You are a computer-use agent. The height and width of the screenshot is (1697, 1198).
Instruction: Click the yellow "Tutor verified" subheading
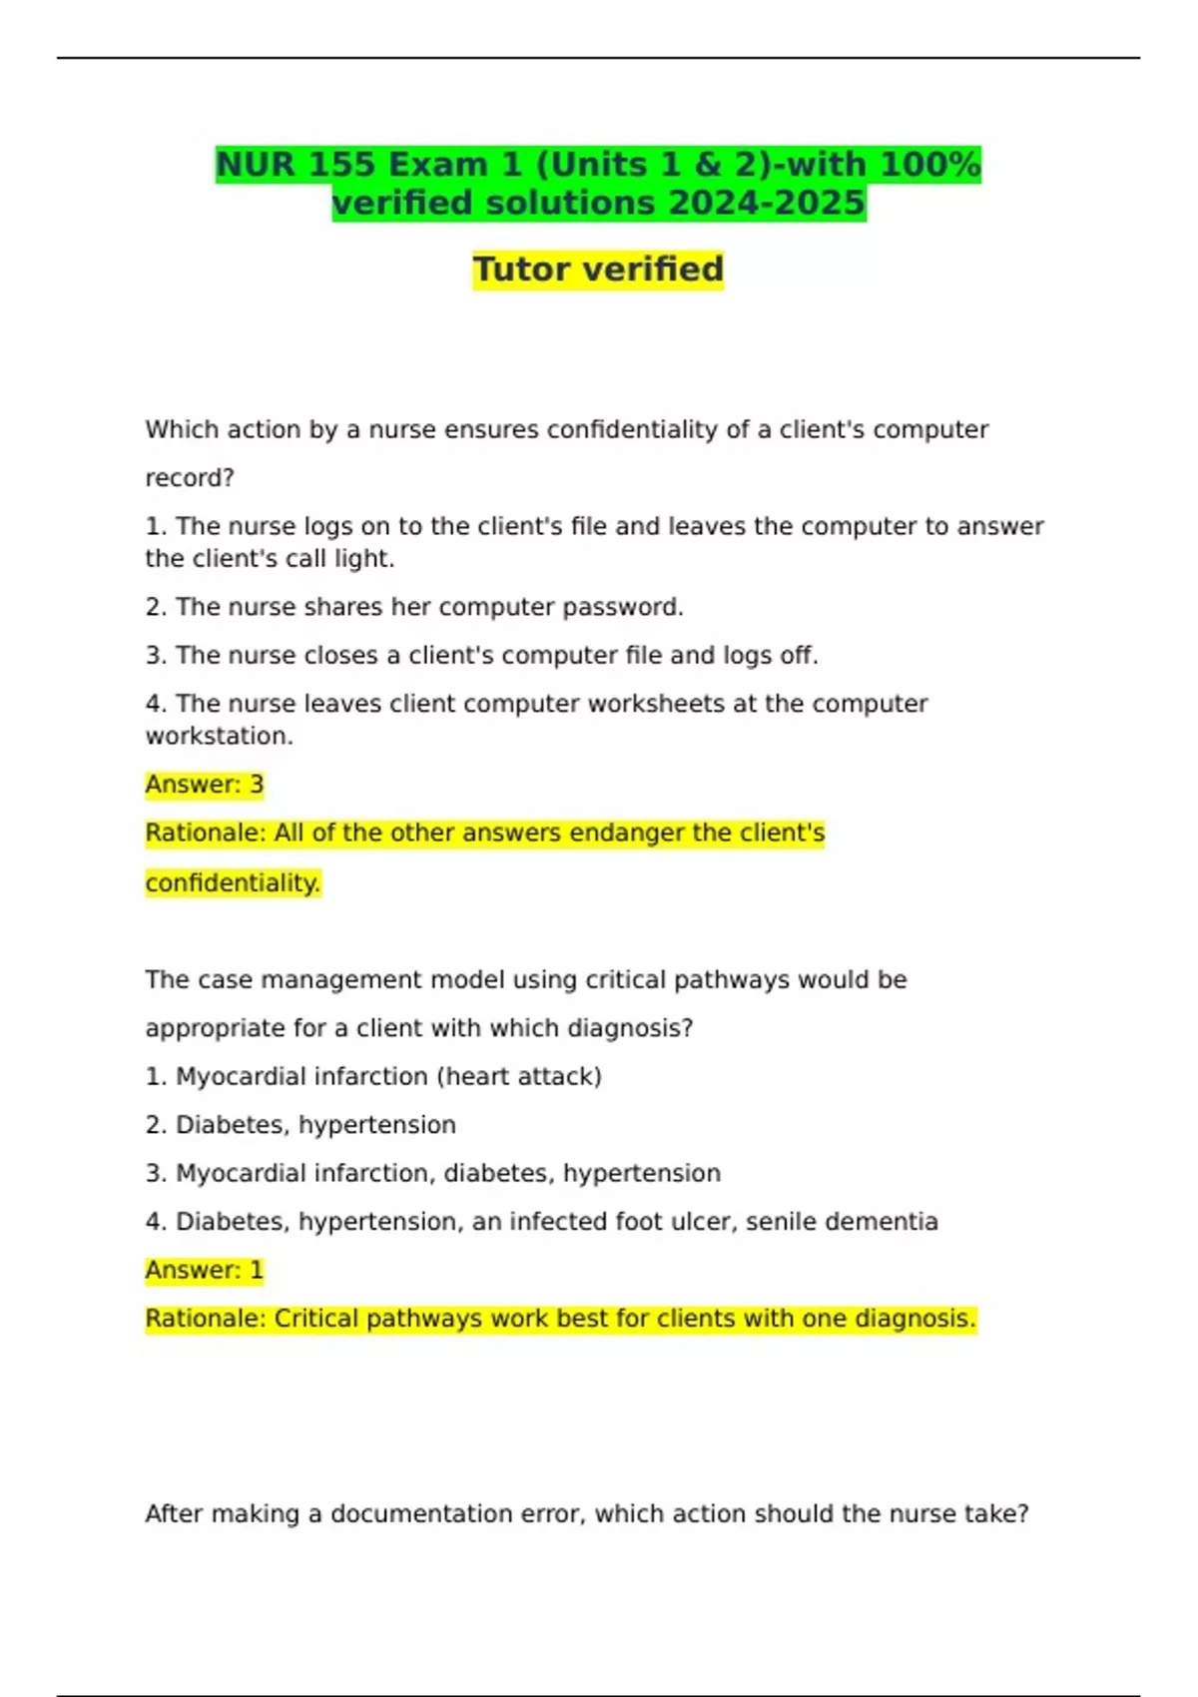pos(598,270)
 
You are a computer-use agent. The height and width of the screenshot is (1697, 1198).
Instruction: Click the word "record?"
pos(190,478)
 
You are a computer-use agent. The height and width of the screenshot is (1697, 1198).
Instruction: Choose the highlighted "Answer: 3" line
pos(205,785)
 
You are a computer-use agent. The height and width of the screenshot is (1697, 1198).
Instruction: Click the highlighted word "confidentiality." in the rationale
pos(233,883)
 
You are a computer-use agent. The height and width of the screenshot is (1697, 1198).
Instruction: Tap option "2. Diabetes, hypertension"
pos(300,1125)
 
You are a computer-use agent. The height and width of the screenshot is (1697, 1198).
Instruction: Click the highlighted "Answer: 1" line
pos(205,1271)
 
